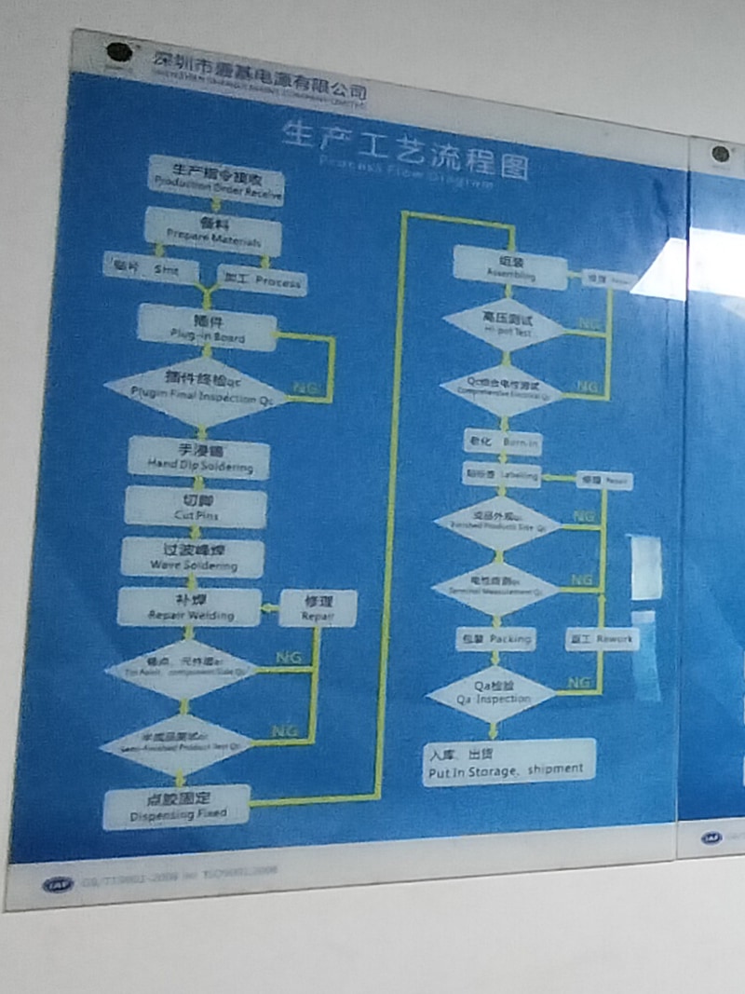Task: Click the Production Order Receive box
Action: pyautogui.click(x=216, y=177)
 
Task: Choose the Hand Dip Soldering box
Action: pyautogui.click(x=199, y=457)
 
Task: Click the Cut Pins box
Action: pyautogui.click(x=196, y=508)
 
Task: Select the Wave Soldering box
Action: pyautogui.click(x=193, y=558)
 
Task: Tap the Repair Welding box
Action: pyautogui.click(x=189, y=607)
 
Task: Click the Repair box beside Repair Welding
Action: pyautogui.click(x=318, y=608)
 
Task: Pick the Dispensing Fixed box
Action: pyautogui.click(x=178, y=807)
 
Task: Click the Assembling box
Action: pyautogui.click(x=510, y=267)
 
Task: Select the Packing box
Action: pyautogui.click(x=495, y=640)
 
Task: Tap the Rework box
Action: pyautogui.click(x=602, y=639)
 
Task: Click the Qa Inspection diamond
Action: pyautogui.click(x=492, y=693)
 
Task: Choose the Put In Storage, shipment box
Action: pyautogui.click(x=508, y=762)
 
